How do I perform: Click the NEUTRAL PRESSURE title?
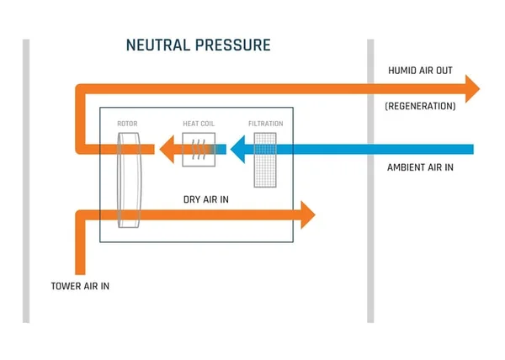pos(199,45)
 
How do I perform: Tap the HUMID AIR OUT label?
pos(420,71)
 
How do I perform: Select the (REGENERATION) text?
pos(420,107)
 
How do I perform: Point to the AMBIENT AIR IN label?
pos(420,167)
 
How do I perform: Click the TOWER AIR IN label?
pos(80,287)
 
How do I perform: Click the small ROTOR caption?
pos(127,124)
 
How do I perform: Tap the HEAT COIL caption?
pos(199,124)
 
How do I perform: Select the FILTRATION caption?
pos(265,124)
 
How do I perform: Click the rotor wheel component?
pos(129,181)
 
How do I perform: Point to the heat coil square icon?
pos(199,150)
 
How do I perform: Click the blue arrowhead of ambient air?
pos(239,150)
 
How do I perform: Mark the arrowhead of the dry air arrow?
pos(307,215)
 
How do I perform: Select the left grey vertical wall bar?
pos(26,181)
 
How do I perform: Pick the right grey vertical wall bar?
pos(370,181)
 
